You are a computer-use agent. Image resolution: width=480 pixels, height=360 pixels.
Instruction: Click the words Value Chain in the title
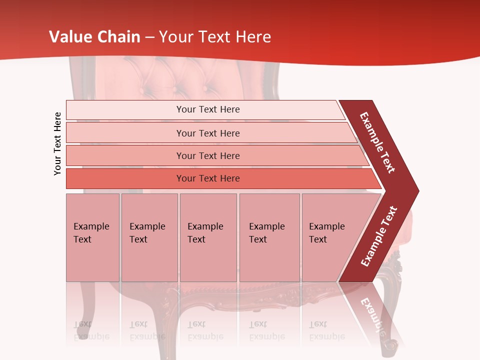tap(94, 37)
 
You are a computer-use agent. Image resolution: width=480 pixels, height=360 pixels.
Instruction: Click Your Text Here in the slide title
tap(215, 37)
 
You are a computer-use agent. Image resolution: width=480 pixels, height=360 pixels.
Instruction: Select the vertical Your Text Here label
tap(58, 143)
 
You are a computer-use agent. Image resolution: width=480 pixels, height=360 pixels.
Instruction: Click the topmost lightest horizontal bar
tap(207, 109)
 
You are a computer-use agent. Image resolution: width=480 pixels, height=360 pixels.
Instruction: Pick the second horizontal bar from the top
tap(207, 133)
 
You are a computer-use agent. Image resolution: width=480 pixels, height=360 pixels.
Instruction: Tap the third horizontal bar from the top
tap(207, 155)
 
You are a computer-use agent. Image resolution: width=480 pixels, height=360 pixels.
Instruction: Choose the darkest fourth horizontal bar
tap(207, 178)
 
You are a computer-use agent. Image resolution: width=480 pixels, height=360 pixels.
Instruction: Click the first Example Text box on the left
tap(92, 237)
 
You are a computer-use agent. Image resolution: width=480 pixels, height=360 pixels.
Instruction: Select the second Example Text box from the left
tap(149, 237)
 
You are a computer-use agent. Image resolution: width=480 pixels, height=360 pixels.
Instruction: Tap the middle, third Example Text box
tap(208, 237)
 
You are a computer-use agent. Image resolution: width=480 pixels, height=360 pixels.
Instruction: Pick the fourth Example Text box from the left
tap(269, 237)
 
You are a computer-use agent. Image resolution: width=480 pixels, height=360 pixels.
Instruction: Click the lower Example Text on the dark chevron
tap(379, 236)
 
